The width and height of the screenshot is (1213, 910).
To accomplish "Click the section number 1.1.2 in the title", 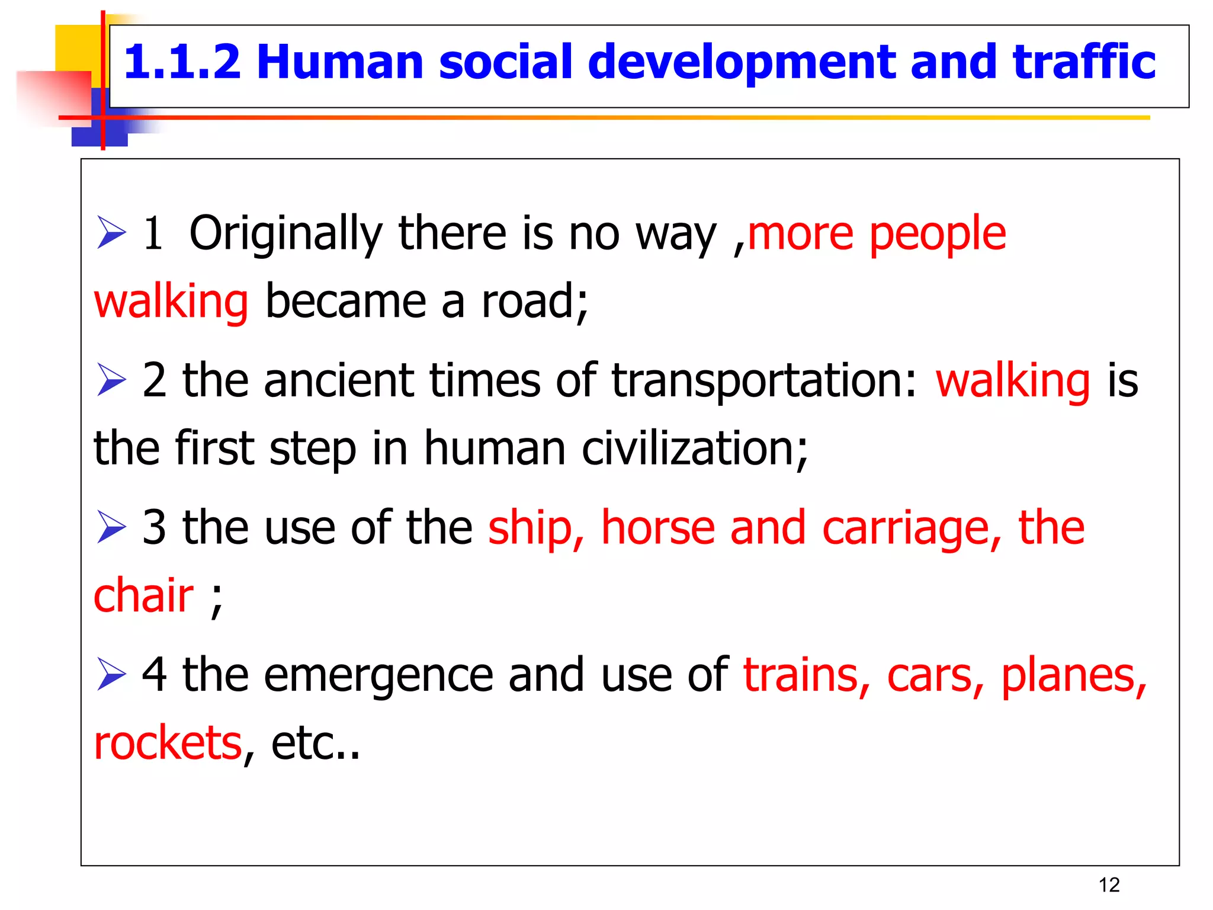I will pyautogui.click(x=182, y=62).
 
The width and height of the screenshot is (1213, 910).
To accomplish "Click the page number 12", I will pyautogui.click(x=1109, y=885).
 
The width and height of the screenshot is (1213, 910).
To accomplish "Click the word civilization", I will pyautogui.click(x=693, y=448).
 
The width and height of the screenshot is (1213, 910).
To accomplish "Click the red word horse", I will pyautogui.click(x=658, y=527).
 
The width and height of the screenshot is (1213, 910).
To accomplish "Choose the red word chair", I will pyautogui.click(x=144, y=595).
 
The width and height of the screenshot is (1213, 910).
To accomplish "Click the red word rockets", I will pyautogui.click(x=168, y=743).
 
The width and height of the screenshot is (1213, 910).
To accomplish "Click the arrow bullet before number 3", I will pyautogui.click(x=111, y=527).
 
